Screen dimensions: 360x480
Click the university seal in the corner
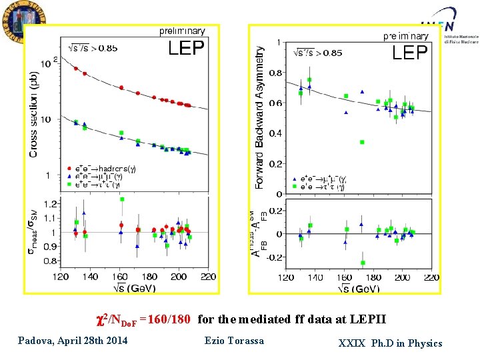[x=19, y=21]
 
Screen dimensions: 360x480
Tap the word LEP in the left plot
[x=186, y=48]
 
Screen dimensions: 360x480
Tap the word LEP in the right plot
[x=409, y=53]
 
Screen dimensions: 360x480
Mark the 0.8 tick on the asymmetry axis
[x=274, y=73]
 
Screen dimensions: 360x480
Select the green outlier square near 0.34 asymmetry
[x=361, y=142]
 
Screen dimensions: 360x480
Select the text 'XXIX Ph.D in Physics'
[x=390, y=343]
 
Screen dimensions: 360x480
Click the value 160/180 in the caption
[x=171, y=319]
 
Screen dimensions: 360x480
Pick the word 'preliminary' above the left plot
[x=181, y=31]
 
